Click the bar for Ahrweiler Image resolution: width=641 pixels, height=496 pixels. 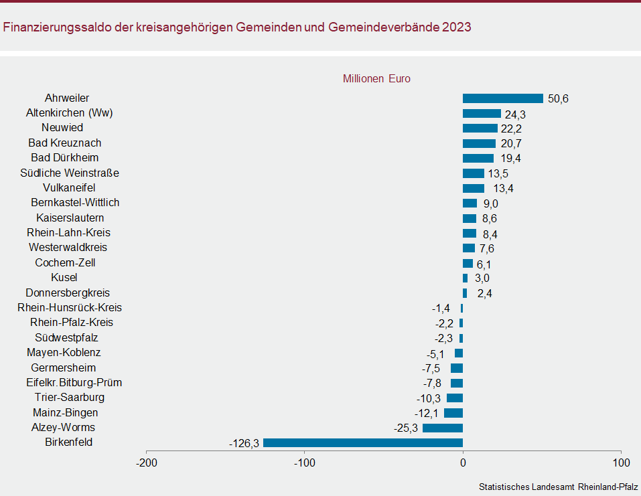coord(502,98)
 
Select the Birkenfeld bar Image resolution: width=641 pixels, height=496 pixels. coord(362,442)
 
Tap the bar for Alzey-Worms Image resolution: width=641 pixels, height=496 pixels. coord(442,428)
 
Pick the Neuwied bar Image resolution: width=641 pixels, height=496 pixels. coord(480,128)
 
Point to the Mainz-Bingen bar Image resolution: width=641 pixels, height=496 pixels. coord(453,413)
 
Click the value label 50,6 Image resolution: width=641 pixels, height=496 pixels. coord(558,99)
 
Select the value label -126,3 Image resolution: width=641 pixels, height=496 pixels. coord(244,443)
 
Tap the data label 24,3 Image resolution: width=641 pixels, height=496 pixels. coord(515,114)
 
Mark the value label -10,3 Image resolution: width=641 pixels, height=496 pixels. coord(429,398)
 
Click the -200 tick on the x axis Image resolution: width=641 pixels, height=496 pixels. coord(147,463)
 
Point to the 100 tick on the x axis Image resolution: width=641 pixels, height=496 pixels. coord(621,463)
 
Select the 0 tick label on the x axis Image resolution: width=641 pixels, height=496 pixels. coord(463,463)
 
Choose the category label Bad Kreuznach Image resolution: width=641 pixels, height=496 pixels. coord(65,143)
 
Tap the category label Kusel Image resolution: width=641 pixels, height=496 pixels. coord(64,277)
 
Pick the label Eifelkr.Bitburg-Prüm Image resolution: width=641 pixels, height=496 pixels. coord(74,383)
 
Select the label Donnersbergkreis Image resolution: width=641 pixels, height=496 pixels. coord(68,293)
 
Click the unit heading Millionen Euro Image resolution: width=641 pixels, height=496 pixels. coord(376,78)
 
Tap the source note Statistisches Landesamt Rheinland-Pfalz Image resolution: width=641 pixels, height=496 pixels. coord(558,487)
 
